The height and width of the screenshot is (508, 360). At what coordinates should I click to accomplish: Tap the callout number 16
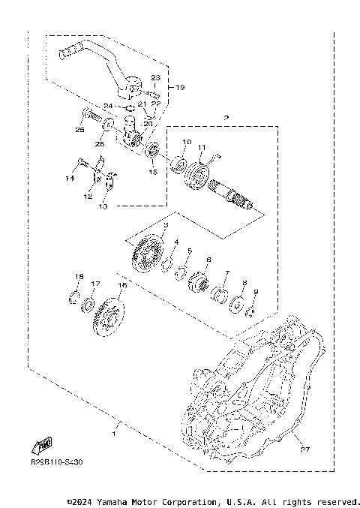(121, 285)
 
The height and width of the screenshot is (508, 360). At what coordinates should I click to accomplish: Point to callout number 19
(180, 88)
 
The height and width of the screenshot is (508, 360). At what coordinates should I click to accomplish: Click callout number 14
(70, 179)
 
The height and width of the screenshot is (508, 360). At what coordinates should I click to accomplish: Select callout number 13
(103, 206)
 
